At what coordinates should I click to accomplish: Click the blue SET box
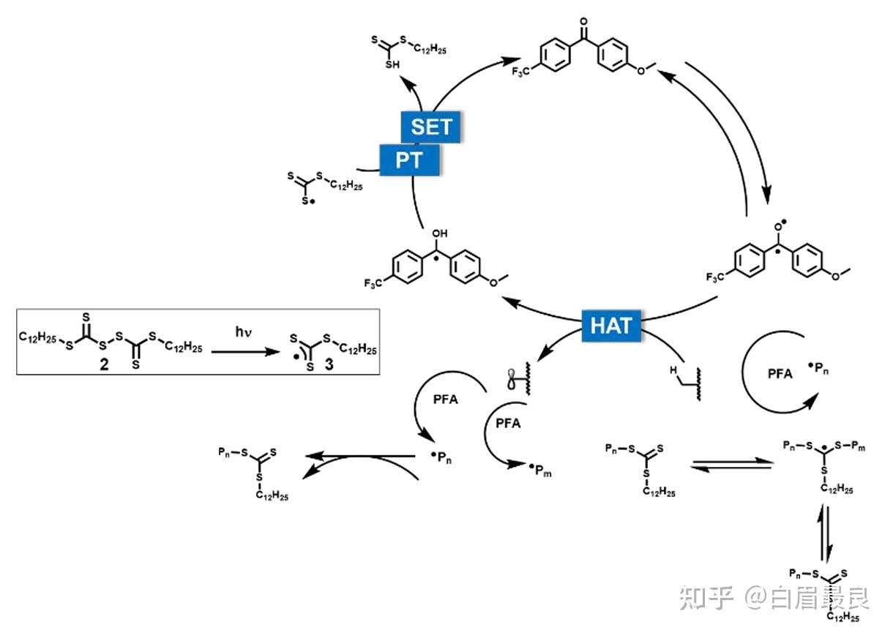click(431, 127)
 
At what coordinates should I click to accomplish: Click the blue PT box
click(409, 160)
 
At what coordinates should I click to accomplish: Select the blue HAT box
click(610, 326)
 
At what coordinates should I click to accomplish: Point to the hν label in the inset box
click(244, 332)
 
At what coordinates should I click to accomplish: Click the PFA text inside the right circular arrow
click(780, 373)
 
